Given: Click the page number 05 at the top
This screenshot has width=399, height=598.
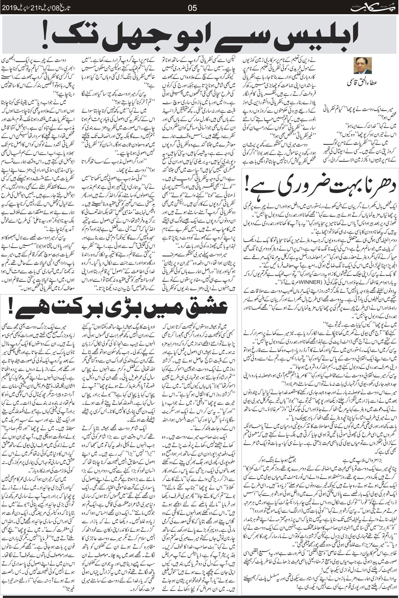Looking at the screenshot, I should tap(192, 8).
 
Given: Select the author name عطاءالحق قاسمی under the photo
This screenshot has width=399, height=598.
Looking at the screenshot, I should tap(362, 89).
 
